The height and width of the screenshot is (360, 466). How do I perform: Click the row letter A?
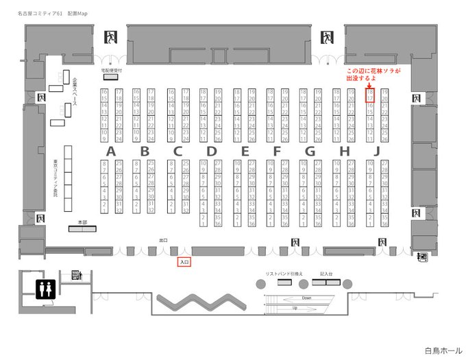pos(110,151)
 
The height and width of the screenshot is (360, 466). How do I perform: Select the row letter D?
pos(211,151)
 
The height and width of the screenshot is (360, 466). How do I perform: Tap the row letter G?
pos(310,151)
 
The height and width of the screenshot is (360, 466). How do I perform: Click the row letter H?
pos(343,151)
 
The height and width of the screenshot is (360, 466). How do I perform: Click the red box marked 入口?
pos(184,262)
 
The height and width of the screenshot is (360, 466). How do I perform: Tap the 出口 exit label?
pos(162,241)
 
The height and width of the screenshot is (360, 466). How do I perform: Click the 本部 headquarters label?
pos(82,223)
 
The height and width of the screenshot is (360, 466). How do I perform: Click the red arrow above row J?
pos(370,86)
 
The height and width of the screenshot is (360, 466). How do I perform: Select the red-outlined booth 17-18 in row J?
pos(370,95)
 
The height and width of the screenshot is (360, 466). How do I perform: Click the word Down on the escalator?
pos(306,299)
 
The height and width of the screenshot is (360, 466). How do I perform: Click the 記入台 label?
pos(326,274)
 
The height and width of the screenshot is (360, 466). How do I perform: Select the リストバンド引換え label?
pos(284,274)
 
